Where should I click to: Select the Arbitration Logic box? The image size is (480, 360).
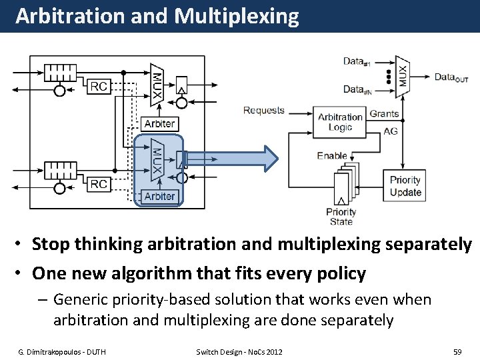(x=340, y=122)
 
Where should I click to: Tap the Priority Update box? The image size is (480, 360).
(x=406, y=186)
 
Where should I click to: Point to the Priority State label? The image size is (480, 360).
(x=341, y=217)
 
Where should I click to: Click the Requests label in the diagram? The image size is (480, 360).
(x=264, y=111)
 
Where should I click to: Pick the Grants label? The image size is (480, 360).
(x=384, y=114)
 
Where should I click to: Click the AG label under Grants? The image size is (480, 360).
(x=391, y=131)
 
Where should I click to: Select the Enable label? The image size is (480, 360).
(x=332, y=155)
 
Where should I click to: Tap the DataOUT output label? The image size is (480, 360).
(x=451, y=77)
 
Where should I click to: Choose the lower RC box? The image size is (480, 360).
(x=99, y=183)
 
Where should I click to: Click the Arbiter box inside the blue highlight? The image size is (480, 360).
(x=159, y=196)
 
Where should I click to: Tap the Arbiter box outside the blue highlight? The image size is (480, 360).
(x=159, y=123)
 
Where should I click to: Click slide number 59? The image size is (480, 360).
(x=457, y=351)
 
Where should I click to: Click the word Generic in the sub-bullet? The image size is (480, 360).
(x=81, y=300)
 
